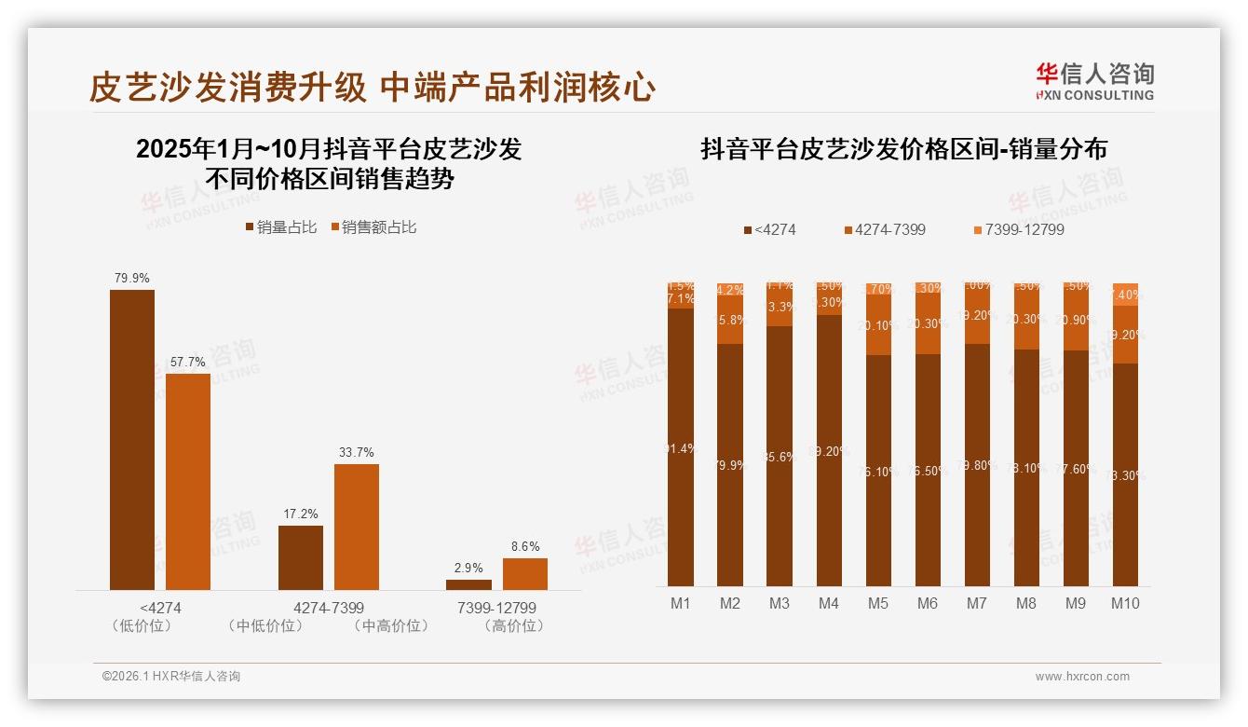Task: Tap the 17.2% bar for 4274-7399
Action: [301, 557]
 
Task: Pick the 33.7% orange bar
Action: [357, 527]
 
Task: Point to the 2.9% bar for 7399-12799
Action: [468, 584]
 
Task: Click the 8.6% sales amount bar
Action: [525, 574]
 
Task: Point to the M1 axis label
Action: [681, 603]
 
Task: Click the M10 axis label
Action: [1125, 603]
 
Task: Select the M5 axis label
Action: [878, 603]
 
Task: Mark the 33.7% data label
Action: [357, 452]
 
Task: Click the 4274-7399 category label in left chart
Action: [329, 608]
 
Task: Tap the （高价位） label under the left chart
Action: [514, 626]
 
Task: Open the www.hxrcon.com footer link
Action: [1082, 677]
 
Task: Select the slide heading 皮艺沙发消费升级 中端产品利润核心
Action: [373, 88]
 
